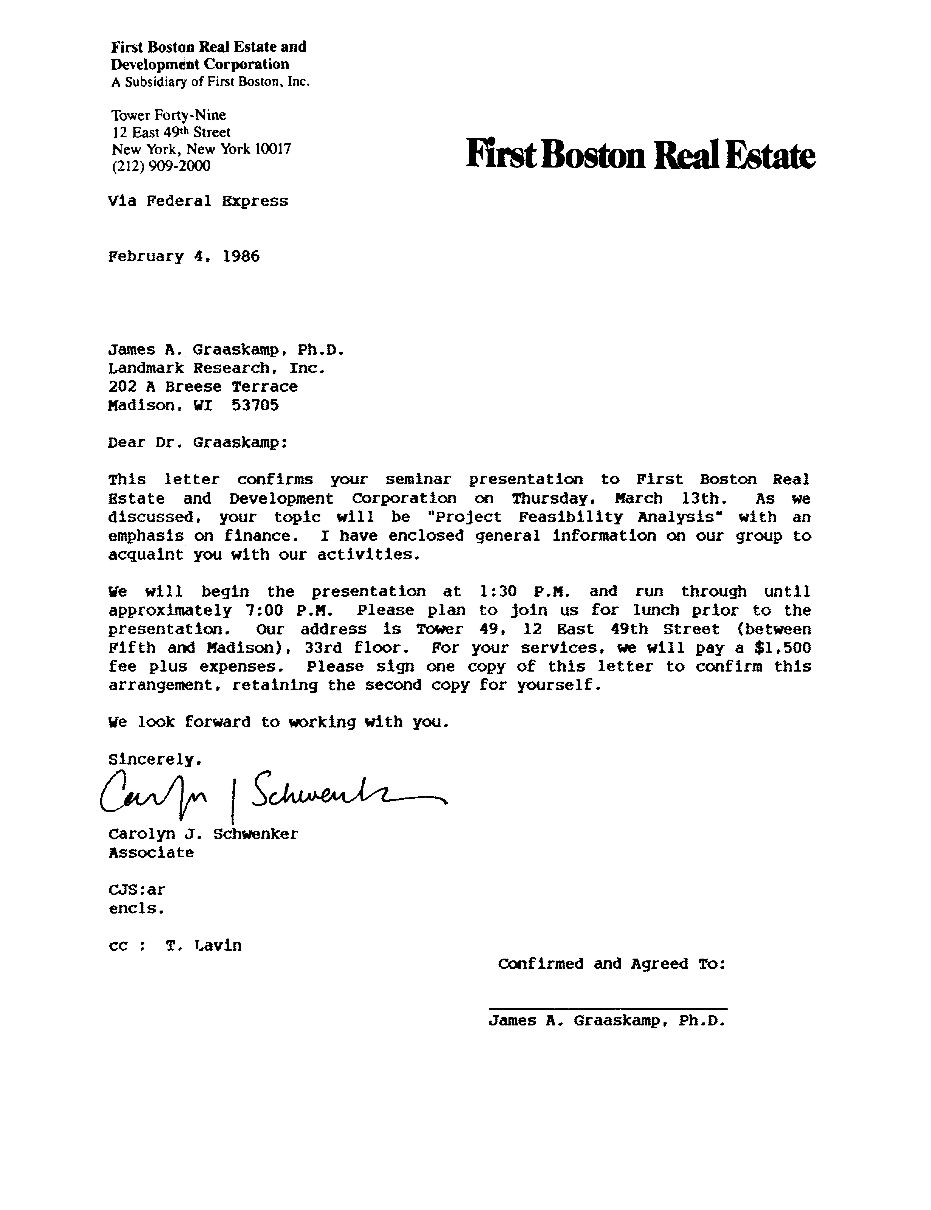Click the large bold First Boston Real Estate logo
[x=640, y=155]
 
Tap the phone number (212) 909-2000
[x=161, y=166]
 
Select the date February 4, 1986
[x=184, y=257]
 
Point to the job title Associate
[x=151, y=853]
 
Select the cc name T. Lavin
[x=204, y=946]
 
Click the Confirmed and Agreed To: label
[x=612, y=964]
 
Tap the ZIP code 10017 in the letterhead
[x=272, y=149]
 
